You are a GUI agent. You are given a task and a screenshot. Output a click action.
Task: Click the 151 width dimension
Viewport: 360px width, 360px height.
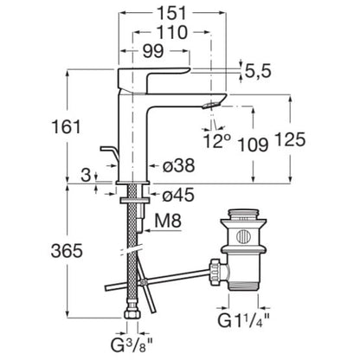[172, 13]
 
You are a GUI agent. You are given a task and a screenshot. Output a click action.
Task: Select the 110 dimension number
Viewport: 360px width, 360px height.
[172, 32]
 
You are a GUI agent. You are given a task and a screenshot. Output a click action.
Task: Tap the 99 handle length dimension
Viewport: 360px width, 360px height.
[153, 51]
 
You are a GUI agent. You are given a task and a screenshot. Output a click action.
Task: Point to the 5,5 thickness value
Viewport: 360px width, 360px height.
[258, 71]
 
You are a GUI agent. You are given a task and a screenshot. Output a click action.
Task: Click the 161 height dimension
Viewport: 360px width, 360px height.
[67, 127]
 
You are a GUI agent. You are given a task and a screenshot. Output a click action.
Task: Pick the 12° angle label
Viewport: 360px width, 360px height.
[217, 141]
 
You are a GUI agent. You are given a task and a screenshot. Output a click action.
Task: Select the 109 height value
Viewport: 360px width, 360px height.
[253, 145]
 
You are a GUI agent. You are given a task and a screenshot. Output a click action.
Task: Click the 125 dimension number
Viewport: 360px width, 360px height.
[290, 140]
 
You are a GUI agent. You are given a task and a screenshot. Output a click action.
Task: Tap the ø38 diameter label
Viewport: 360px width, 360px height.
[178, 166]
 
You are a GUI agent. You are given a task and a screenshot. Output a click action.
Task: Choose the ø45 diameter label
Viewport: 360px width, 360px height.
[178, 196]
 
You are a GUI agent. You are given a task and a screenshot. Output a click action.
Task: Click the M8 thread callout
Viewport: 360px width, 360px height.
[168, 221]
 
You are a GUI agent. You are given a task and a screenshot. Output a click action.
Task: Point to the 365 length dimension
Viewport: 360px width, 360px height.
[67, 251]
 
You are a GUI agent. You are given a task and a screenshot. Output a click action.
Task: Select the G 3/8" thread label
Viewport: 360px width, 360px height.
[132, 345]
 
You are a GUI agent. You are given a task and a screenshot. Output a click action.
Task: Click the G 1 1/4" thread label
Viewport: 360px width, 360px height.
[244, 320]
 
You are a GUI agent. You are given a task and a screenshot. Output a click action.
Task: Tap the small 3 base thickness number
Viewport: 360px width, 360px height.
[86, 175]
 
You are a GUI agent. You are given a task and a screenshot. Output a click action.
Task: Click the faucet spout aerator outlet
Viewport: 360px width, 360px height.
[210, 105]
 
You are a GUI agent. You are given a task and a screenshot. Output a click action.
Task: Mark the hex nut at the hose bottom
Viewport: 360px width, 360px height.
[132, 314]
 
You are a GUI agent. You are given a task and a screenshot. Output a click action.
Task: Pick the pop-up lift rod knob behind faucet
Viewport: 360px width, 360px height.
[109, 152]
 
